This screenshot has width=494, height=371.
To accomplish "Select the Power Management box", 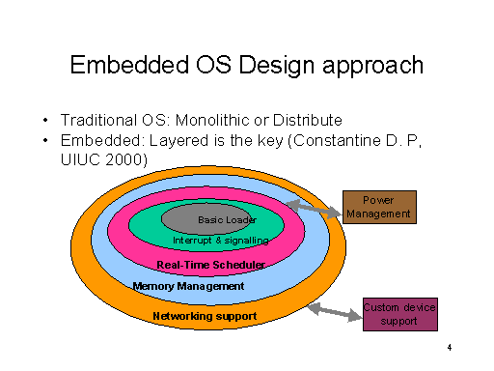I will coord(379,207).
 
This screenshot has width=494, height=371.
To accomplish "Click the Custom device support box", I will coord(398,314).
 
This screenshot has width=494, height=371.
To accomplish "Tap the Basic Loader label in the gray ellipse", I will coord(226,220).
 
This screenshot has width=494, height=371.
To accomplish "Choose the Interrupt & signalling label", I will coord(221,240).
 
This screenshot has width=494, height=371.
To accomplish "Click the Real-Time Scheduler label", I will coord(210,264).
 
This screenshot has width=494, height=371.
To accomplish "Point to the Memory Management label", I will coord(188,286).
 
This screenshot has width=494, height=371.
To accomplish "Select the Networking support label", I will coord(204,316).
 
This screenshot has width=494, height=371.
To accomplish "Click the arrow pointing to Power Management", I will coord(315,206).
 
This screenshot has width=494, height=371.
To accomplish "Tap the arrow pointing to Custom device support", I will coord(334,310).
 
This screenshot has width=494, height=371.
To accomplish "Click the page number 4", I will coord(450,348).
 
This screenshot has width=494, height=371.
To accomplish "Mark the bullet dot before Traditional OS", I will coord(45,122).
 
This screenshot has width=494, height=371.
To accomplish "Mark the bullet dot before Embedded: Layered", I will coord(45,141).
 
